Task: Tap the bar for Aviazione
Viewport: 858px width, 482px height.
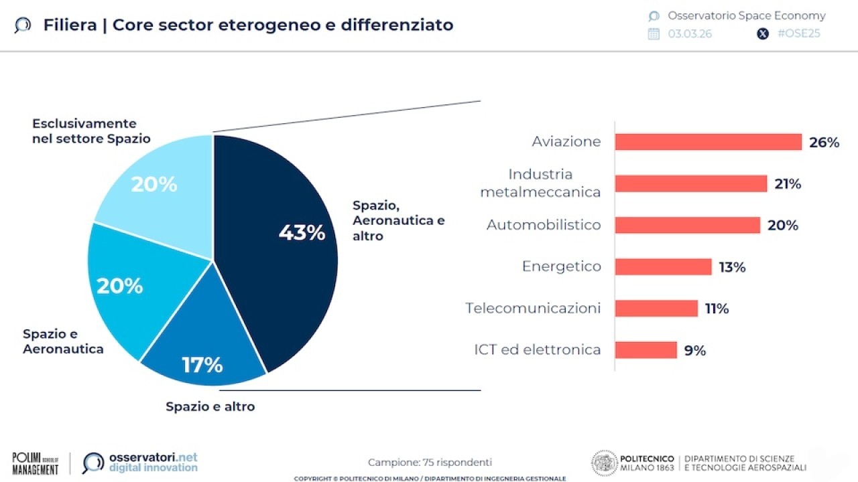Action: coord(708,142)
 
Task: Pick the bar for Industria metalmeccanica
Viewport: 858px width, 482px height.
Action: coord(690,183)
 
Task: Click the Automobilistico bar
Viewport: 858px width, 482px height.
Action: coord(687,225)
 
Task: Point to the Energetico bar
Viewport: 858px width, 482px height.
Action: coord(663,266)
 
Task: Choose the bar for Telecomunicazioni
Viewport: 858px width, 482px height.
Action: coord(656,308)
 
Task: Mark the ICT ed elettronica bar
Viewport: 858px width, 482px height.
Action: coord(646,349)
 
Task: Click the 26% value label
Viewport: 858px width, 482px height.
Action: coord(824,143)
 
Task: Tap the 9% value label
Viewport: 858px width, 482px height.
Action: coord(694,350)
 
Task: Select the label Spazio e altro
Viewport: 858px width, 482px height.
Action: coord(210,406)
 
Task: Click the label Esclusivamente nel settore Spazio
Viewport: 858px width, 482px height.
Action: coord(91,131)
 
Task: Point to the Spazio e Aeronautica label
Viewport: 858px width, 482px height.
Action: coord(63,341)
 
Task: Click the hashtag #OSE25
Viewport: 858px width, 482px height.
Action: coord(798,33)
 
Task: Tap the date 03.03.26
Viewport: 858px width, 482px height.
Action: coord(690,33)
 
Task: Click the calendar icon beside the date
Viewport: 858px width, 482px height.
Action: coord(654,33)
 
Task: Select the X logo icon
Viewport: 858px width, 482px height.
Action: coord(763,33)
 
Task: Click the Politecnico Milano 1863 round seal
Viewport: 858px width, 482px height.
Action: coord(604,463)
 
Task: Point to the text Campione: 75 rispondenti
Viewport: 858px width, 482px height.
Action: coord(430,462)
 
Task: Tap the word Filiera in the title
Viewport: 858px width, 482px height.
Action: coord(70,25)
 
